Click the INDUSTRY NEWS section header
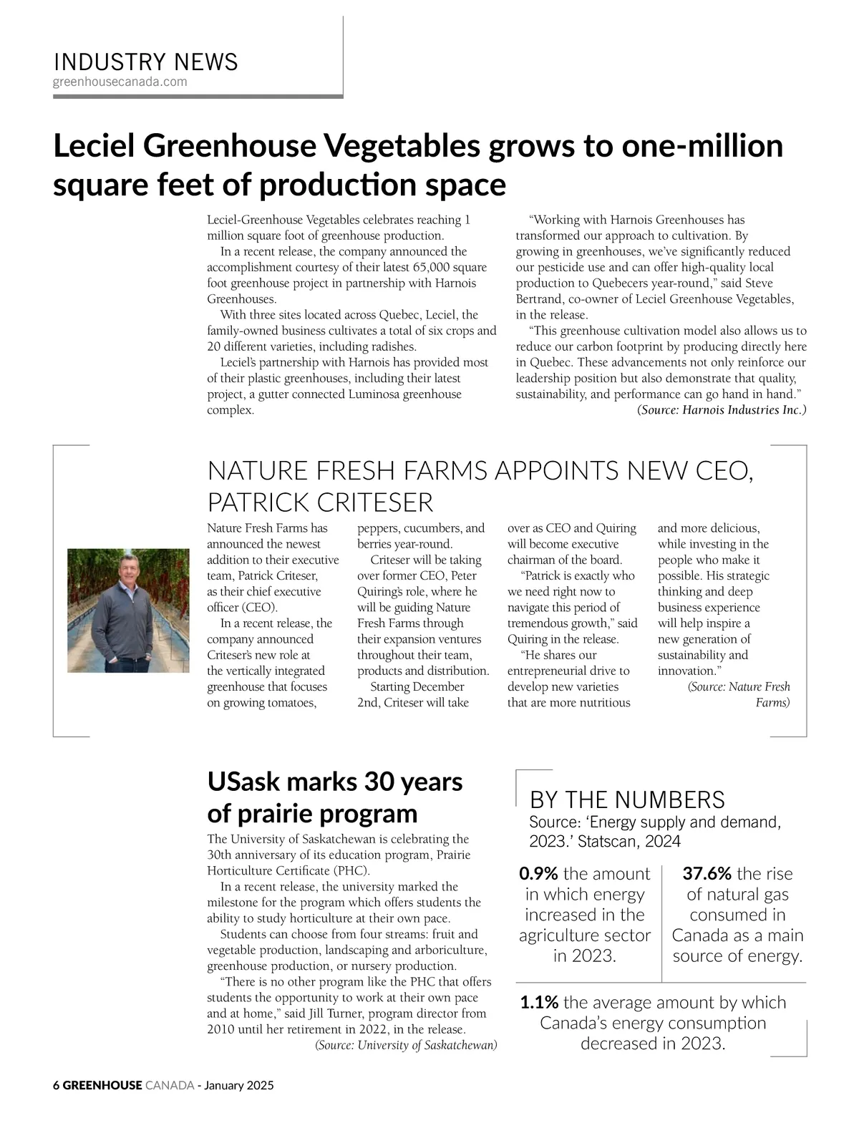(x=145, y=62)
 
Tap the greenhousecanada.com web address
(x=120, y=82)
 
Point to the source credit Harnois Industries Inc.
(x=722, y=410)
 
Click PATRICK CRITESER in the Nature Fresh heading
(x=320, y=502)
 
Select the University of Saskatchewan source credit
(x=406, y=1045)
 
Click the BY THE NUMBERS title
(x=627, y=799)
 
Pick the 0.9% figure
(x=538, y=874)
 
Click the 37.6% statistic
(x=707, y=874)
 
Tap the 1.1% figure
(x=539, y=1003)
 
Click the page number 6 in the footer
(x=57, y=1085)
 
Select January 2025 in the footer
(x=239, y=1085)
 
